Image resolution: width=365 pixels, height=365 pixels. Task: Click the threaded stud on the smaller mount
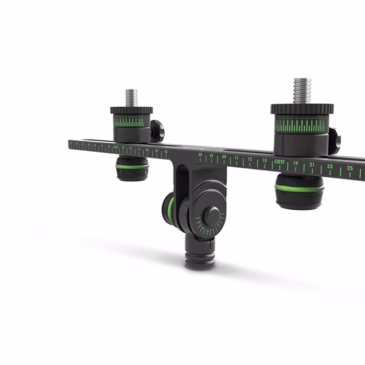click(131, 98)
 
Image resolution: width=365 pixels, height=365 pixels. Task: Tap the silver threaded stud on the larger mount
click(302, 90)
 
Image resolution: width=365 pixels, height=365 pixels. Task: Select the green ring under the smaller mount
click(132, 166)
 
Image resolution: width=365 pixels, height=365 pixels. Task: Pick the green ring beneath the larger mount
click(299, 187)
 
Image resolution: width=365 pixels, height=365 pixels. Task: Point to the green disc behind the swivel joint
click(169, 208)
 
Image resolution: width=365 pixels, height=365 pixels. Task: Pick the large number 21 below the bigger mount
click(312, 165)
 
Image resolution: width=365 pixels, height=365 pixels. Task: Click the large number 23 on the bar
click(330, 167)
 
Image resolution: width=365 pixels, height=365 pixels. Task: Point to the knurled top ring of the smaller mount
click(131, 110)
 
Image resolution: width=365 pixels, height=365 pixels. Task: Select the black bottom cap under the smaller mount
click(132, 175)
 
